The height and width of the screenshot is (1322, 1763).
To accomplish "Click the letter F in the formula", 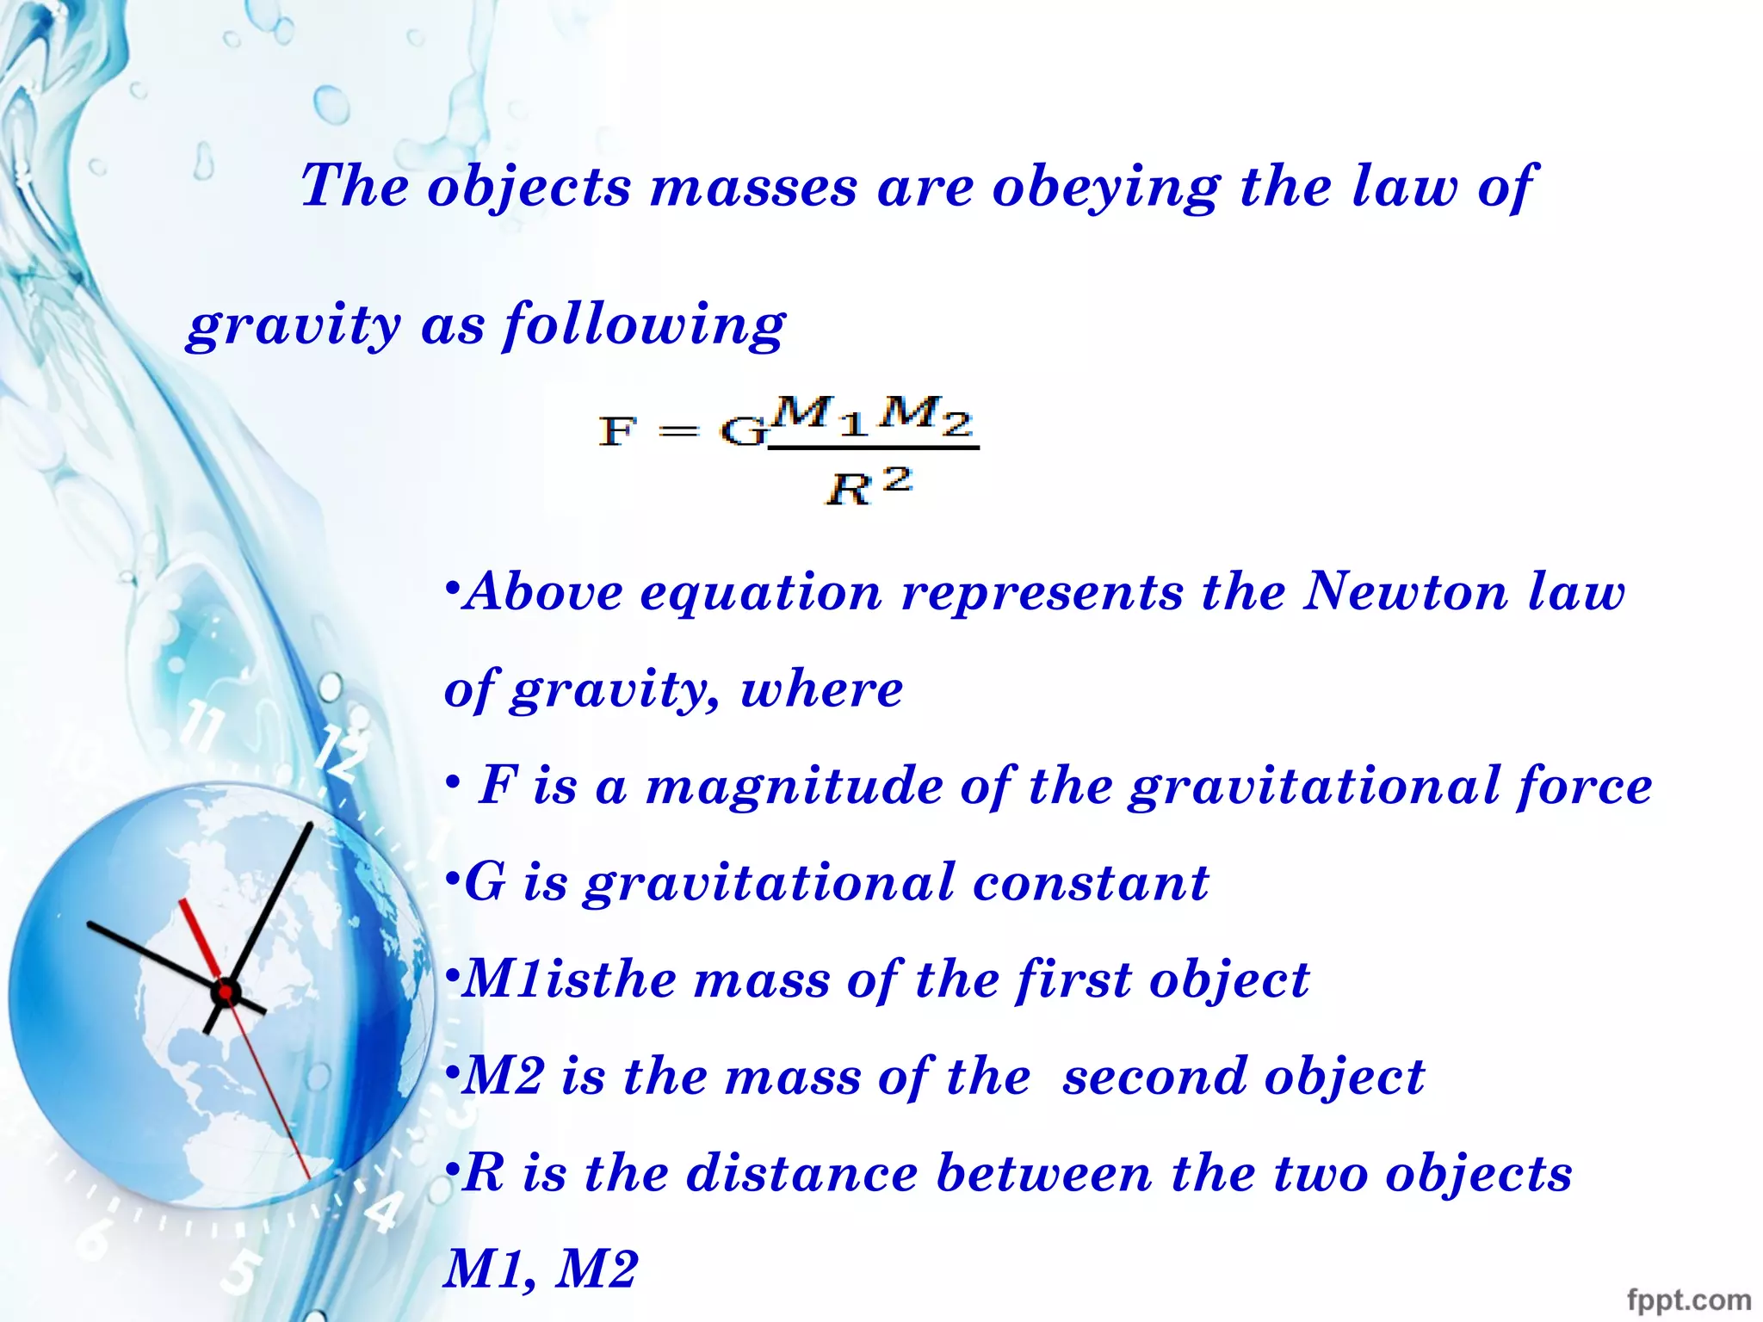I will click(617, 429).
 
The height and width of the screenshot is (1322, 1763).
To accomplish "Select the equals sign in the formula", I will click(678, 430).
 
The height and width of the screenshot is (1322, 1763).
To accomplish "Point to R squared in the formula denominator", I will click(868, 486).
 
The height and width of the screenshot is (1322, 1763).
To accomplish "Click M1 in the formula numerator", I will click(819, 415).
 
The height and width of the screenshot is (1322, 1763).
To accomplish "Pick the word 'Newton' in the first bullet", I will click(1405, 592).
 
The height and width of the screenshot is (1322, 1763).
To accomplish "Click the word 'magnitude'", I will click(794, 786).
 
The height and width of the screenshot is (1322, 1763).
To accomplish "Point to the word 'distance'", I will click(801, 1173).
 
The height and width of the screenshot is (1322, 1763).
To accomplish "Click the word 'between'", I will click(1043, 1173).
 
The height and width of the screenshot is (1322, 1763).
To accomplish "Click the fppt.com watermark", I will click(1688, 1299).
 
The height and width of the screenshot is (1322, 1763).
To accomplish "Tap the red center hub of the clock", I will click(225, 992).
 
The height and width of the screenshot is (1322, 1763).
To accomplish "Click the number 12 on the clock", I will click(340, 752).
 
